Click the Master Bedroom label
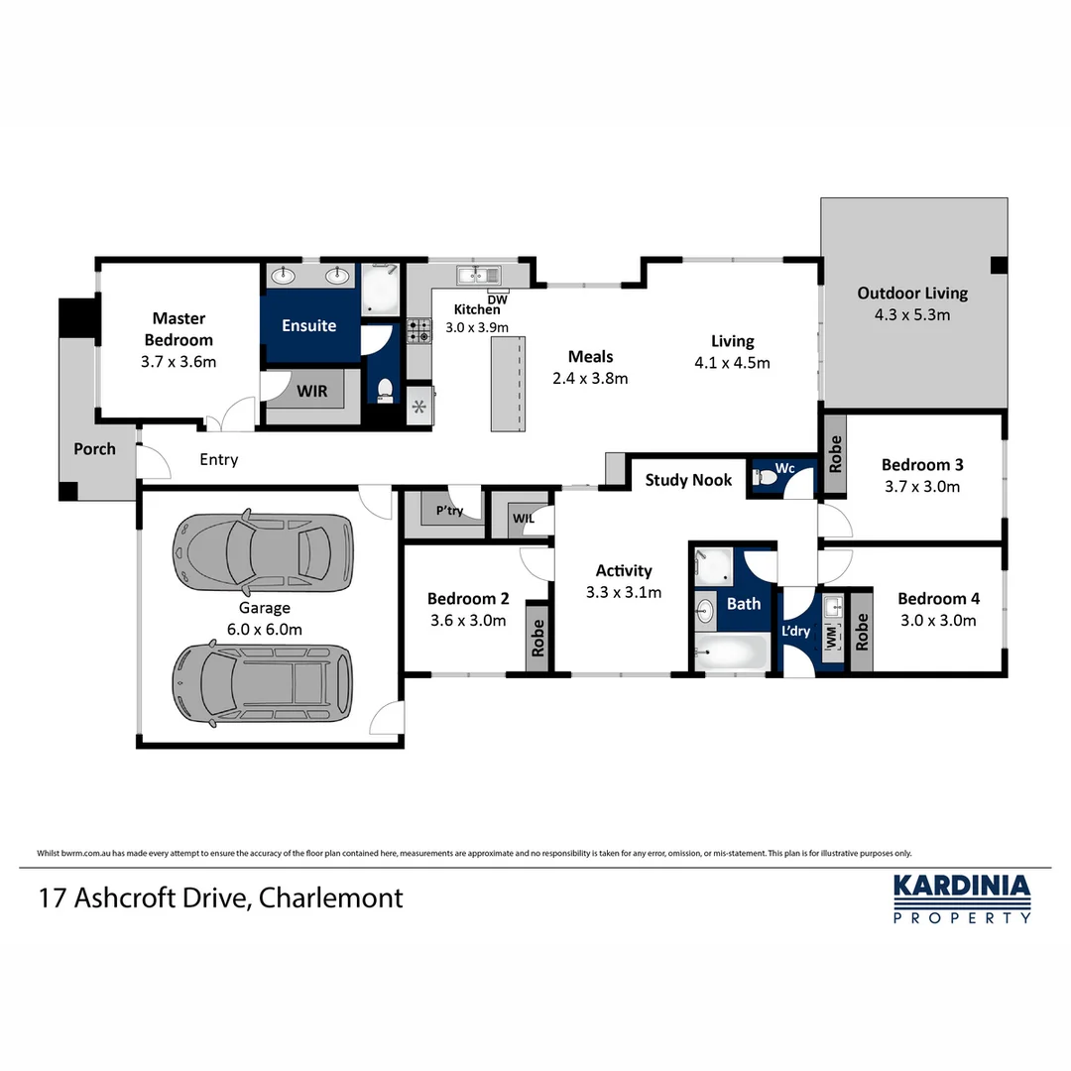tap(178, 329)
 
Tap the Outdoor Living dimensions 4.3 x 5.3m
tap(912, 315)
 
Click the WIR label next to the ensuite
tap(312, 392)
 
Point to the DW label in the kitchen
tap(498, 298)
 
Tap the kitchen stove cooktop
tap(418, 330)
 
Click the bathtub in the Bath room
tap(732, 655)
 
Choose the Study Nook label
tap(688, 480)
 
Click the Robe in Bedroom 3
tap(835, 453)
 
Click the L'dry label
tap(796, 631)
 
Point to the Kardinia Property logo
tap(962, 898)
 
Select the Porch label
tap(95, 449)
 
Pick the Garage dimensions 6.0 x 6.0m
tap(264, 629)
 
